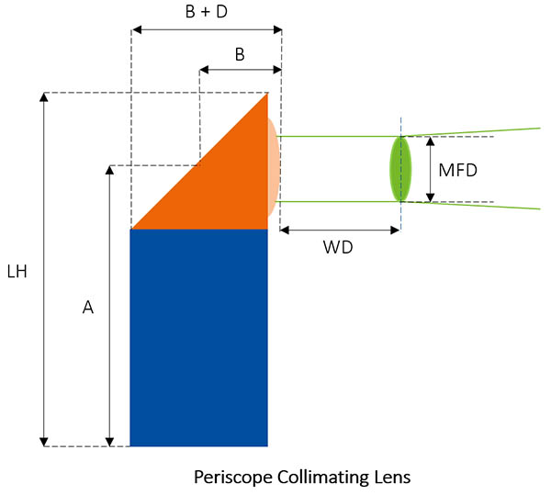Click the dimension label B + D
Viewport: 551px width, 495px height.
point(207,13)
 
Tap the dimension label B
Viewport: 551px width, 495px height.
point(240,54)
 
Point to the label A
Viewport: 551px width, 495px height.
point(88,309)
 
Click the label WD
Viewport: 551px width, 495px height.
point(339,248)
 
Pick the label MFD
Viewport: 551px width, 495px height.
point(457,170)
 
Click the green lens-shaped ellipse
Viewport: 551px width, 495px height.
point(400,169)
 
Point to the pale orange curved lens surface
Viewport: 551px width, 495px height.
point(274,169)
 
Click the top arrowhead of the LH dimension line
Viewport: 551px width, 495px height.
point(44,97)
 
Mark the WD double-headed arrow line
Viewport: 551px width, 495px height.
point(340,230)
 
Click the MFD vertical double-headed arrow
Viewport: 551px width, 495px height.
point(429,169)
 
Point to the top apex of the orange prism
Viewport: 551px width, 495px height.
point(267,94)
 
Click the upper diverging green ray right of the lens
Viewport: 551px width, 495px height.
point(478,131)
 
